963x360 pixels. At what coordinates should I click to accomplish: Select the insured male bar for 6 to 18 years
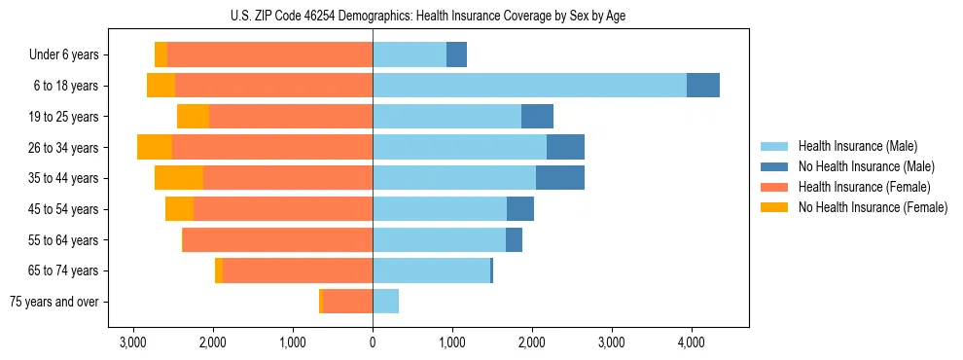coord(529,86)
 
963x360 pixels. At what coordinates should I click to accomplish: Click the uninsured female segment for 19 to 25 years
coord(193,117)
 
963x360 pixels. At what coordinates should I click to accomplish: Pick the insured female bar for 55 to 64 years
coord(277,239)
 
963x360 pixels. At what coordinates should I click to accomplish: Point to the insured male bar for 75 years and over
coord(385,302)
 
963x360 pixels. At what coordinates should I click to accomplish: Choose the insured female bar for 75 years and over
coord(347,302)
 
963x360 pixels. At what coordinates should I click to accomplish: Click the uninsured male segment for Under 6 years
coord(456,54)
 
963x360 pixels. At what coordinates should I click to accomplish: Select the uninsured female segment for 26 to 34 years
coord(155,147)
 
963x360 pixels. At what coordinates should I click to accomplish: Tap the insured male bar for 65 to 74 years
coord(431,270)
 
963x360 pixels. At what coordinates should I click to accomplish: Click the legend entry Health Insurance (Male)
coord(858,146)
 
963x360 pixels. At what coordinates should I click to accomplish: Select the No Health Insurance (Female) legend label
coord(873,207)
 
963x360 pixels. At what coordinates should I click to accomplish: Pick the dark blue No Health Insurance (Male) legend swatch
coord(774,166)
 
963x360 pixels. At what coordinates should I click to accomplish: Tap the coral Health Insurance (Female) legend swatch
coord(774,187)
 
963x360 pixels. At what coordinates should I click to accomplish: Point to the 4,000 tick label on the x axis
coord(691,343)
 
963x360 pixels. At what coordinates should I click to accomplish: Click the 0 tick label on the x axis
coord(373,343)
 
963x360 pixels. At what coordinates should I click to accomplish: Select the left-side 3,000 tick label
coord(133,343)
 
